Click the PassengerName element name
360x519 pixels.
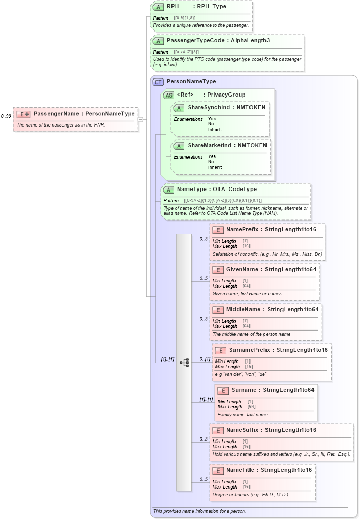pos(56,114)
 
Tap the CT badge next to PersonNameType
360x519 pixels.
pos(158,82)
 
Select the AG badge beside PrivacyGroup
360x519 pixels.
pos(168,95)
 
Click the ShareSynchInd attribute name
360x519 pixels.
pos(207,108)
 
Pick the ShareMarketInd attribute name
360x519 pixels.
pos(208,146)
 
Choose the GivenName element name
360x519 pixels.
pos(242,270)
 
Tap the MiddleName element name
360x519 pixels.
pos(243,310)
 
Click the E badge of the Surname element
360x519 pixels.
pos(223,390)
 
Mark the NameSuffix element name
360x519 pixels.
pos(243,430)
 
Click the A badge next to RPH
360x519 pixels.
pos(159,7)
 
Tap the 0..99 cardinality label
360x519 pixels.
pos(6,116)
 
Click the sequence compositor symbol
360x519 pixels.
pos(184,363)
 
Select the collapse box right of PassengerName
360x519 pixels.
pos(140,119)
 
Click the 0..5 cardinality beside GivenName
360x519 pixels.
pos(204,279)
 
